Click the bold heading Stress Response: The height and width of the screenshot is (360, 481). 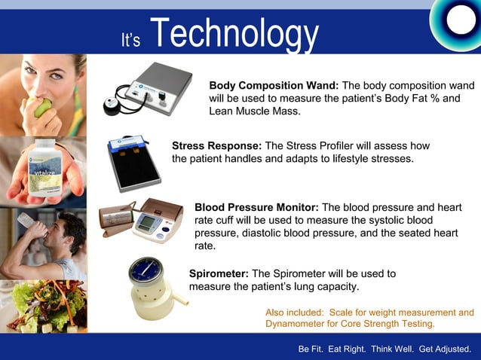216,145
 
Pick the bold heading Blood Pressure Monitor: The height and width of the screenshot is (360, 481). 256,207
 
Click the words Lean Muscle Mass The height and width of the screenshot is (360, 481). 253,111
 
